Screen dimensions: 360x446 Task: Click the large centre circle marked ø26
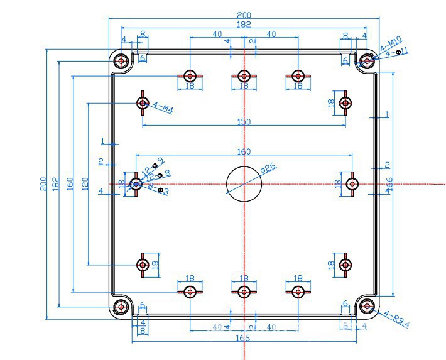[244, 183]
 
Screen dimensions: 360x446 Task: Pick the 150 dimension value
[244, 122]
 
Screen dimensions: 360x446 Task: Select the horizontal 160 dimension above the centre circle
[244, 151]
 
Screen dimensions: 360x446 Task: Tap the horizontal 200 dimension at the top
[244, 14]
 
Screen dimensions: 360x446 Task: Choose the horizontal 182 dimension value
[244, 25]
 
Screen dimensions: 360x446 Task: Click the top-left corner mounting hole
[121, 61]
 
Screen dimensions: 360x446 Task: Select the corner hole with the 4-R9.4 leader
[366, 307]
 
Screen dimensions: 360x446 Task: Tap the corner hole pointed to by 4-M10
[366, 61]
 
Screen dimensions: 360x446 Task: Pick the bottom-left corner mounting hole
[121, 307]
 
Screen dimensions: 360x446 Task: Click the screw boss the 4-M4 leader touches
[143, 102]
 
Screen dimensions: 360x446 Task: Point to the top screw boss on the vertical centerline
[244, 76]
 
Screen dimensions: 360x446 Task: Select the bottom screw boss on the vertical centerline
[244, 291]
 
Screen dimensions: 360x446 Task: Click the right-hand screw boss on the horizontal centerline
[352, 183]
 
